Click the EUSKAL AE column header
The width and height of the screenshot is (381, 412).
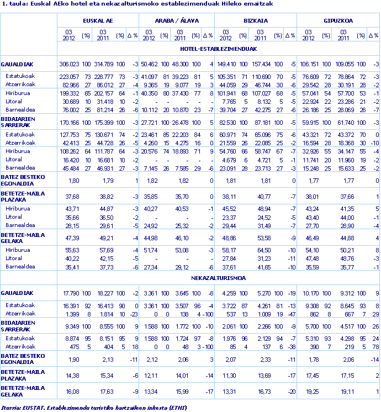coord(98,20)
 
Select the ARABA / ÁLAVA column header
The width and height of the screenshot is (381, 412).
coord(176,20)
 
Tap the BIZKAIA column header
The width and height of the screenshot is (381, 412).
coord(256,20)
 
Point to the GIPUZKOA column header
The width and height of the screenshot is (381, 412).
coord(338,20)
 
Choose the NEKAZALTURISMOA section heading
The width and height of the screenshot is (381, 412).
coord(218,278)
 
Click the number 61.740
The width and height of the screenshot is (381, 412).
coord(344,122)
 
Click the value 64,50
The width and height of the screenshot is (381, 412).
coord(264,250)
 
